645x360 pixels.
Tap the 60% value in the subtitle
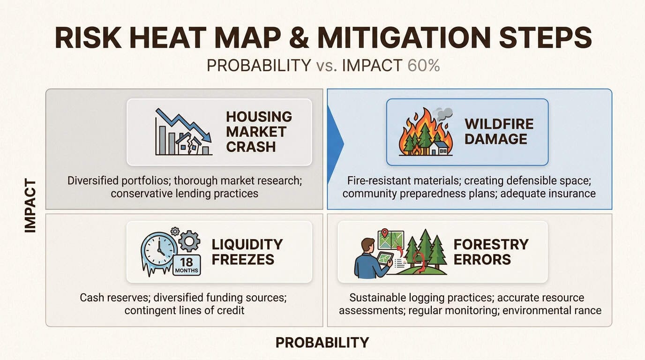pos(423,66)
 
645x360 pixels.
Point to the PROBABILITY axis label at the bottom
pos(322,343)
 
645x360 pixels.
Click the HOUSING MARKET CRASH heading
pos(259,131)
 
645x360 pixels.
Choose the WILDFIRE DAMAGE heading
pos(499,131)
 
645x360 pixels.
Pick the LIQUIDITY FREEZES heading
pos(247,251)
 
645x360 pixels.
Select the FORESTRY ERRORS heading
pos(491,251)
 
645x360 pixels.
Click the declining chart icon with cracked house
pos(183,132)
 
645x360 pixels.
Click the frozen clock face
pos(160,250)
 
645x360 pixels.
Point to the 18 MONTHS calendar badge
pos(187,265)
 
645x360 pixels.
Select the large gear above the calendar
pos(189,241)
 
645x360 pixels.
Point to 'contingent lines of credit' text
pos(184,310)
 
